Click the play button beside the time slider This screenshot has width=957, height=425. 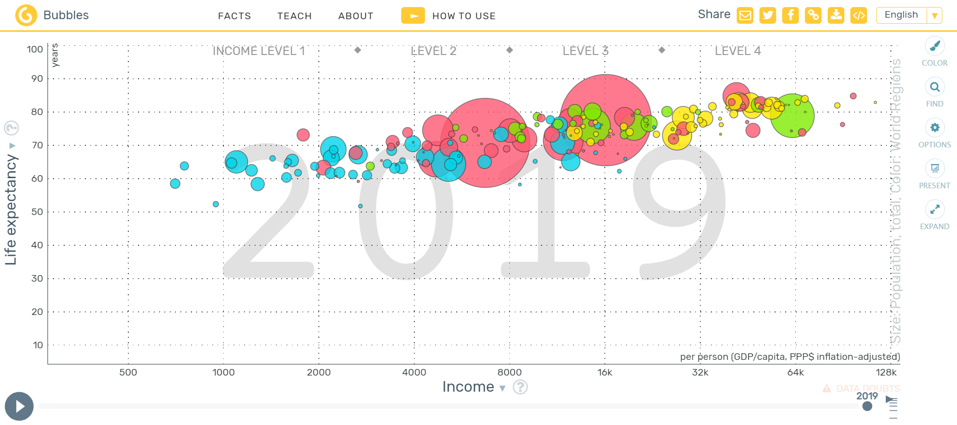pyautogui.click(x=19, y=406)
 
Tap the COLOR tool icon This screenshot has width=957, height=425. pyautogui.click(x=935, y=46)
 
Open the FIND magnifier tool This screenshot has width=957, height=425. pyautogui.click(x=935, y=87)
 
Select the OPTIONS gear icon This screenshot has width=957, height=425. pyautogui.click(x=935, y=128)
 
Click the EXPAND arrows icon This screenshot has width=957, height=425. pyautogui.click(x=935, y=209)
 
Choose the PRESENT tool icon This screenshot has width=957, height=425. pyautogui.click(x=935, y=168)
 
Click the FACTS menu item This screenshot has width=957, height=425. pyautogui.click(x=234, y=16)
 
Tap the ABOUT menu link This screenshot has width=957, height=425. pyautogui.click(x=356, y=16)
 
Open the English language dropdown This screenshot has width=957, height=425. pyautogui.click(x=909, y=15)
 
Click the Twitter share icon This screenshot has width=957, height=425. pyautogui.click(x=768, y=15)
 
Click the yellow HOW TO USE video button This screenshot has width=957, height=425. pyautogui.click(x=413, y=16)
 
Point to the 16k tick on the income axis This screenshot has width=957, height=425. pyautogui.click(x=605, y=373)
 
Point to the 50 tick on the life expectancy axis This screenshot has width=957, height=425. pyautogui.click(x=37, y=211)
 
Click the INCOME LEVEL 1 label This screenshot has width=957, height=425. pyautogui.click(x=259, y=51)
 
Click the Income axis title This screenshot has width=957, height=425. pyautogui.click(x=468, y=387)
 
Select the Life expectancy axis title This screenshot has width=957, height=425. pyautogui.click(x=11, y=209)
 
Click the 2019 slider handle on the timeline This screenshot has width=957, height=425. pyautogui.click(x=868, y=406)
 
